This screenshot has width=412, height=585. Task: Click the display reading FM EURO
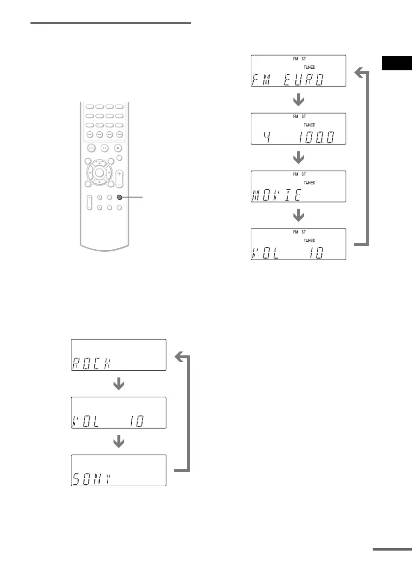tap(298, 71)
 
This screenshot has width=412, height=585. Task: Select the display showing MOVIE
tap(298, 186)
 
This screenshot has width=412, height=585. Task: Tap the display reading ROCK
tap(118, 354)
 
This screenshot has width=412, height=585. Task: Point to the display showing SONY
tap(118, 470)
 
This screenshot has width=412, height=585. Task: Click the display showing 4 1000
tap(298, 128)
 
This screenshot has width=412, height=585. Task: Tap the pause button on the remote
tap(105, 147)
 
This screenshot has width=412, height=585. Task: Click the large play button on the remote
tap(91, 147)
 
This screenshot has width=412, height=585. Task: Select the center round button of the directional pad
tap(100, 173)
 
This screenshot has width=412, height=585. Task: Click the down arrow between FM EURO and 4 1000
tap(298, 100)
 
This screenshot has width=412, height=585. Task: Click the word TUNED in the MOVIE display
tap(309, 182)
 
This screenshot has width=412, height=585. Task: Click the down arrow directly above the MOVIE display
tap(298, 158)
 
